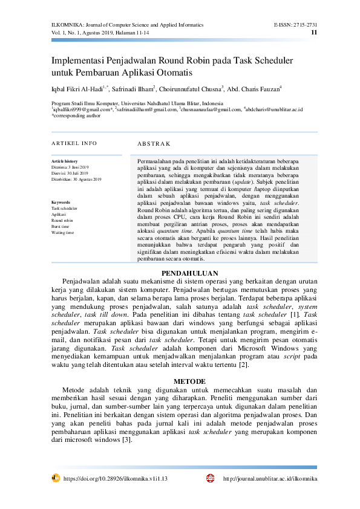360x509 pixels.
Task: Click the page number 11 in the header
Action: [313, 32]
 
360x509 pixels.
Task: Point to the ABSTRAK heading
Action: [154, 144]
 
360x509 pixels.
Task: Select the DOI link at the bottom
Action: [115, 478]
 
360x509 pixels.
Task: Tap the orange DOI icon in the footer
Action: [55, 478]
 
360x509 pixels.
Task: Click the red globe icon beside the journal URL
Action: [211, 478]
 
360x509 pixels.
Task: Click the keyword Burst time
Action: [61, 226]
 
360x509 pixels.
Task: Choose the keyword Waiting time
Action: [63, 232]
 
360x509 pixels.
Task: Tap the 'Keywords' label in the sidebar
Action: [61, 202]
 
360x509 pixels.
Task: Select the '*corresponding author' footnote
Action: [76, 115]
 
